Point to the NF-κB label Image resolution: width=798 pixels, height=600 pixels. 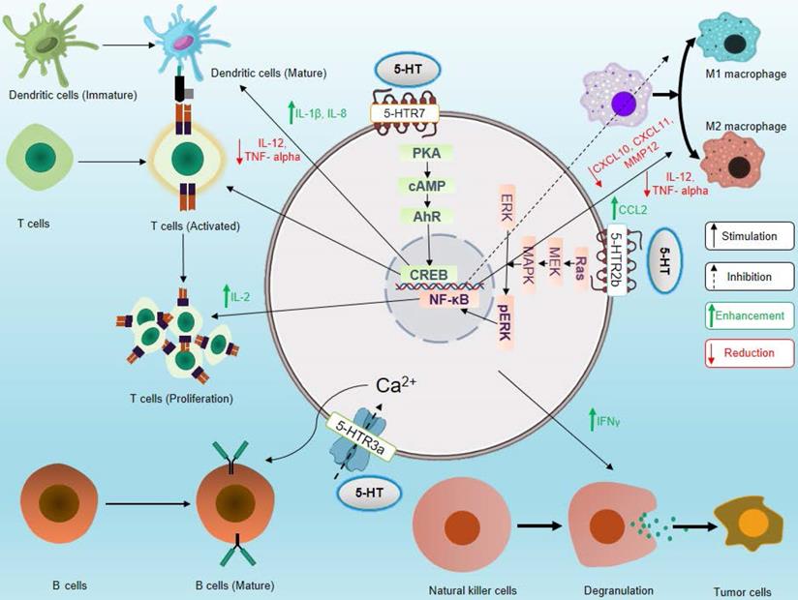coord(443,300)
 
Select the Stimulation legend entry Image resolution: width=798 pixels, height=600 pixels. coord(751,235)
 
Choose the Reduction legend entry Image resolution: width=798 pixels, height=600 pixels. coord(751,352)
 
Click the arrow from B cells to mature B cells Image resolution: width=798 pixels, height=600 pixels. coord(137,504)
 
